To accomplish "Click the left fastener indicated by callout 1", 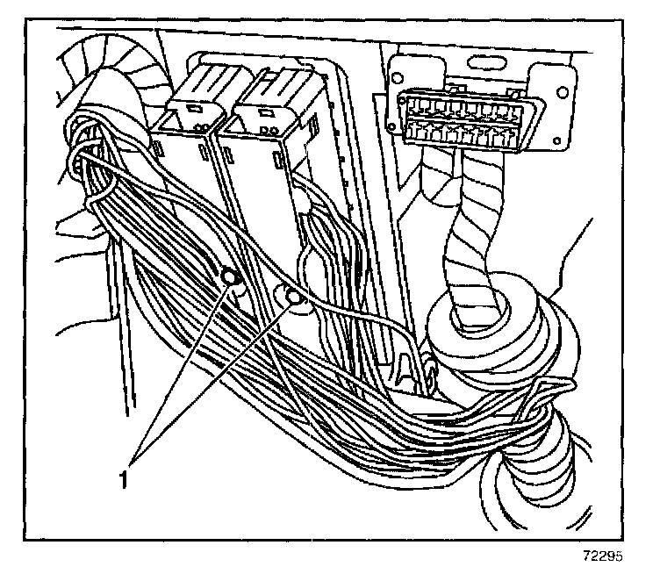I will pyautogui.click(x=231, y=279).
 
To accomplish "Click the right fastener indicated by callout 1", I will pyautogui.click(x=292, y=299).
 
